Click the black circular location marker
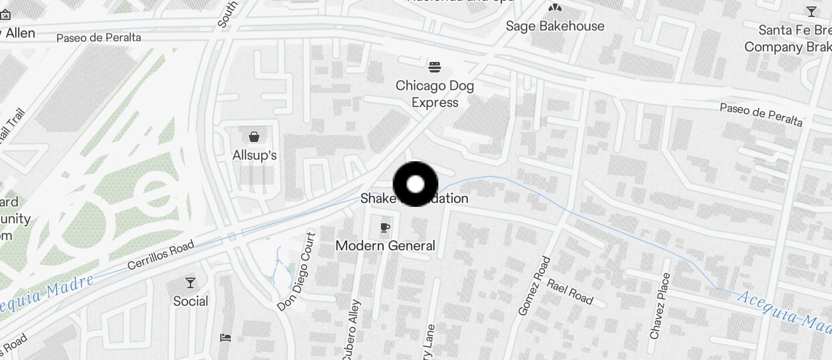[x=415, y=184]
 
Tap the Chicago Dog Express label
[x=435, y=94]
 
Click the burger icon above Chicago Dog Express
[x=434, y=67]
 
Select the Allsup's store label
[x=254, y=155]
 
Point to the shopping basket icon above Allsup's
[x=254, y=137]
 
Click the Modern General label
[x=385, y=245]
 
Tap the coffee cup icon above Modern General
[x=384, y=227]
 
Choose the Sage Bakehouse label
[x=554, y=26]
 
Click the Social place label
[x=190, y=301]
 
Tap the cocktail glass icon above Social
[x=190, y=283]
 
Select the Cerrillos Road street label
[x=161, y=255]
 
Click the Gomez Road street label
[x=535, y=286]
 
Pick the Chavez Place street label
[x=660, y=306]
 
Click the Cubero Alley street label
[x=351, y=331]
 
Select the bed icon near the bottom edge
[x=226, y=338]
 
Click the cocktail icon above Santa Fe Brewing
[x=811, y=11]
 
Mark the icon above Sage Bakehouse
[x=554, y=8]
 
